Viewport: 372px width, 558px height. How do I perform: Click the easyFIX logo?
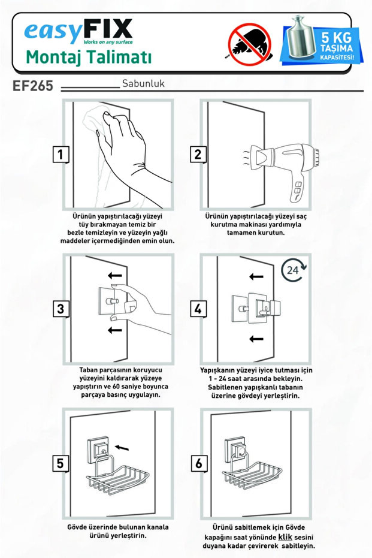(78, 31)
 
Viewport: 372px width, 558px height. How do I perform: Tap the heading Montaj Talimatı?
(89, 58)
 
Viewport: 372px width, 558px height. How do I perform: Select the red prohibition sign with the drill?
(250, 44)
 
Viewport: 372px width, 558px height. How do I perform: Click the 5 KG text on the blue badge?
(336, 37)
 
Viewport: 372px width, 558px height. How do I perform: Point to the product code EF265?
(33, 86)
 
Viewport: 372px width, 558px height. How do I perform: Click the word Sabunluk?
(143, 84)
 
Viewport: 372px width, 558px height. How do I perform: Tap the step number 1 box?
(61, 155)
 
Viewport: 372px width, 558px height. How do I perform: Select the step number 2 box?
(198, 155)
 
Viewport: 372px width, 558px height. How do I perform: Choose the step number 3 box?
(61, 309)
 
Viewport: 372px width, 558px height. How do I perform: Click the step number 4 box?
(198, 309)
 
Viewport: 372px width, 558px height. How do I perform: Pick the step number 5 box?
(61, 463)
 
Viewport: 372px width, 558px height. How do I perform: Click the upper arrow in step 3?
(115, 276)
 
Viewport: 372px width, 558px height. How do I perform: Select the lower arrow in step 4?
(256, 339)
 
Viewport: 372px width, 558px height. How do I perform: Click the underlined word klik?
(285, 537)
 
